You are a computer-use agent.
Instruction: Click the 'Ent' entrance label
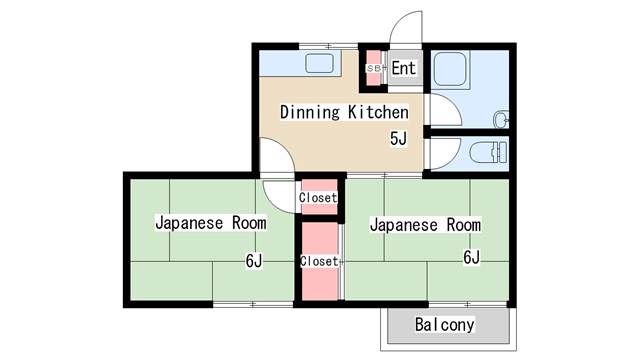coord(404,68)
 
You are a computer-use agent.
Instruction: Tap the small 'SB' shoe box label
coord(374,68)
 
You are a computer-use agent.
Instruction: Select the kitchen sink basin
coord(321,66)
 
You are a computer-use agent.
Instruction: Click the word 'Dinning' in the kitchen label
coord(311,112)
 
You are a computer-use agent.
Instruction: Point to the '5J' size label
coord(398,138)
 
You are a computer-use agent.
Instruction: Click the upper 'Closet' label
coord(319,198)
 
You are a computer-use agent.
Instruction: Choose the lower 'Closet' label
coord(319,261)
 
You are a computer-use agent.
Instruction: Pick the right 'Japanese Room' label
coord(425,224)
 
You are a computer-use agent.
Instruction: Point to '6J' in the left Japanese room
coord(254,261)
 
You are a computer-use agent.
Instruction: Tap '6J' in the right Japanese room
coord(471,257)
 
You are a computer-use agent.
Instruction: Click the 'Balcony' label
coord(445,325)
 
